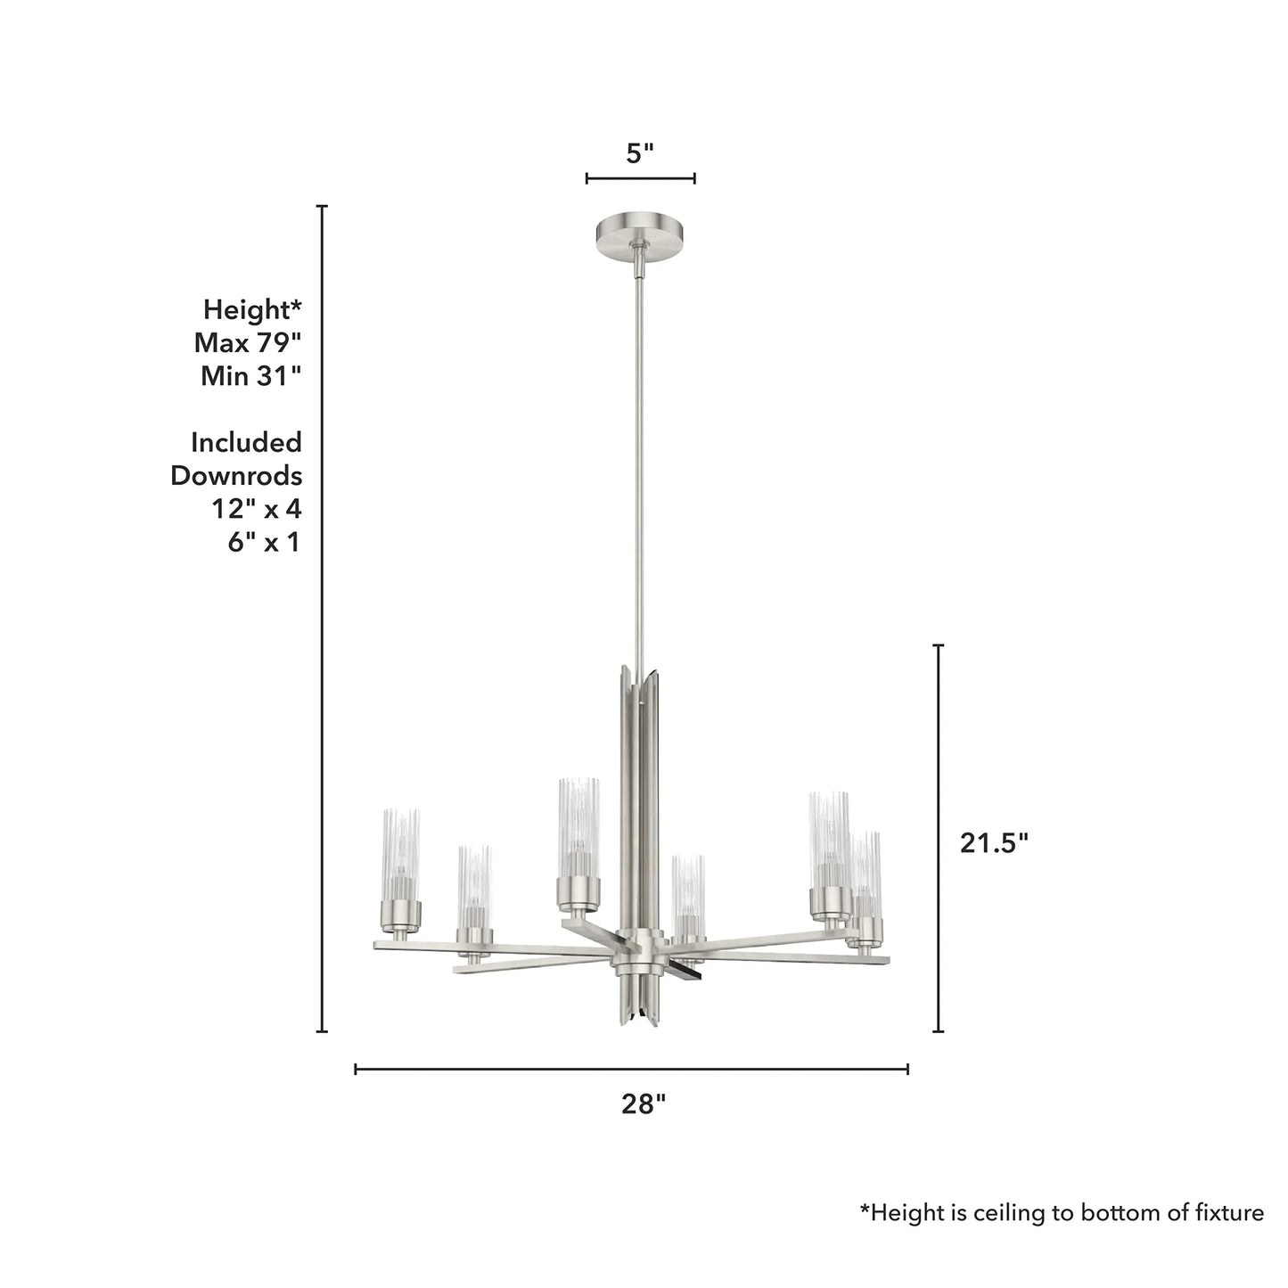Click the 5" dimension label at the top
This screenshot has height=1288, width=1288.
click(640, 153)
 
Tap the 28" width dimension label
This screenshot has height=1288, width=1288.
click(644, 1104)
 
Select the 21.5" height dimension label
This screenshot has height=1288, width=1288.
click(994, 842)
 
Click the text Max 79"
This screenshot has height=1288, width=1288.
click(248, 342)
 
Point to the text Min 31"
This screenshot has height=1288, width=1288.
click(250, 375)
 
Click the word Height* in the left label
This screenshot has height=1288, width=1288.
click(252, 309)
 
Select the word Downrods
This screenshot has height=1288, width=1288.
click(236, 475)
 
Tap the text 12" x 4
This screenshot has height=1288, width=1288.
click(256, 509)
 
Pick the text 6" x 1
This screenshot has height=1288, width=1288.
click(264, 542)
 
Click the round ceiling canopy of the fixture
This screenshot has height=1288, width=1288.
click(639, 234)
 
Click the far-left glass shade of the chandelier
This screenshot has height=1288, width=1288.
click(401, 854)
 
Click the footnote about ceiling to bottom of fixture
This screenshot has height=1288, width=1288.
click(1061, 1212)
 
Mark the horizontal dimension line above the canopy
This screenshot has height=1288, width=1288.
click(640, 179)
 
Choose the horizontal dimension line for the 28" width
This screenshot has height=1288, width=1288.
click(631, 1069)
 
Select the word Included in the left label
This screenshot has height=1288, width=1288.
click(246, 442)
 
